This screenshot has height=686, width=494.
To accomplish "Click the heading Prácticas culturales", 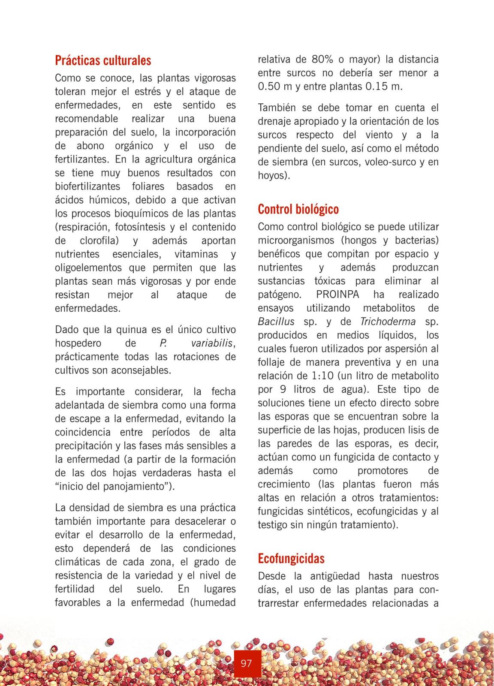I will pyautogui.click(x=103, y=60).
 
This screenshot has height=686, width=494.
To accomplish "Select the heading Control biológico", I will pyautogui.click(x=298, y=209).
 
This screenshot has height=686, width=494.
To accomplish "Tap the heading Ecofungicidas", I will pyautogui.click(x=291, y=559).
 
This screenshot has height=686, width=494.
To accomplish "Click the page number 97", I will pyautogui.click(x=246, y=664).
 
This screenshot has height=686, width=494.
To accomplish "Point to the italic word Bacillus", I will pyautogui.click(x=276, y=322).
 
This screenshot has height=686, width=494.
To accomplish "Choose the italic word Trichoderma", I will pyautogui.click(x=388, y=322).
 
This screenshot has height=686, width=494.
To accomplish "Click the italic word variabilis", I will pyautogui.click(x=213, y=343).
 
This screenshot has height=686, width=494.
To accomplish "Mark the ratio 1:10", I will pyautogui.click(x=321, y=376).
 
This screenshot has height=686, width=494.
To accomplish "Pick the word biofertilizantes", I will pyautogui.click(x=87, y=187).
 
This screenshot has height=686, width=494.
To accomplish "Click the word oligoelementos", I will pyautogui.click(x=88, y=268).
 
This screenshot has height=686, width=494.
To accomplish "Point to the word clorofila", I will pyautogui.click(x=99, y=241).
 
